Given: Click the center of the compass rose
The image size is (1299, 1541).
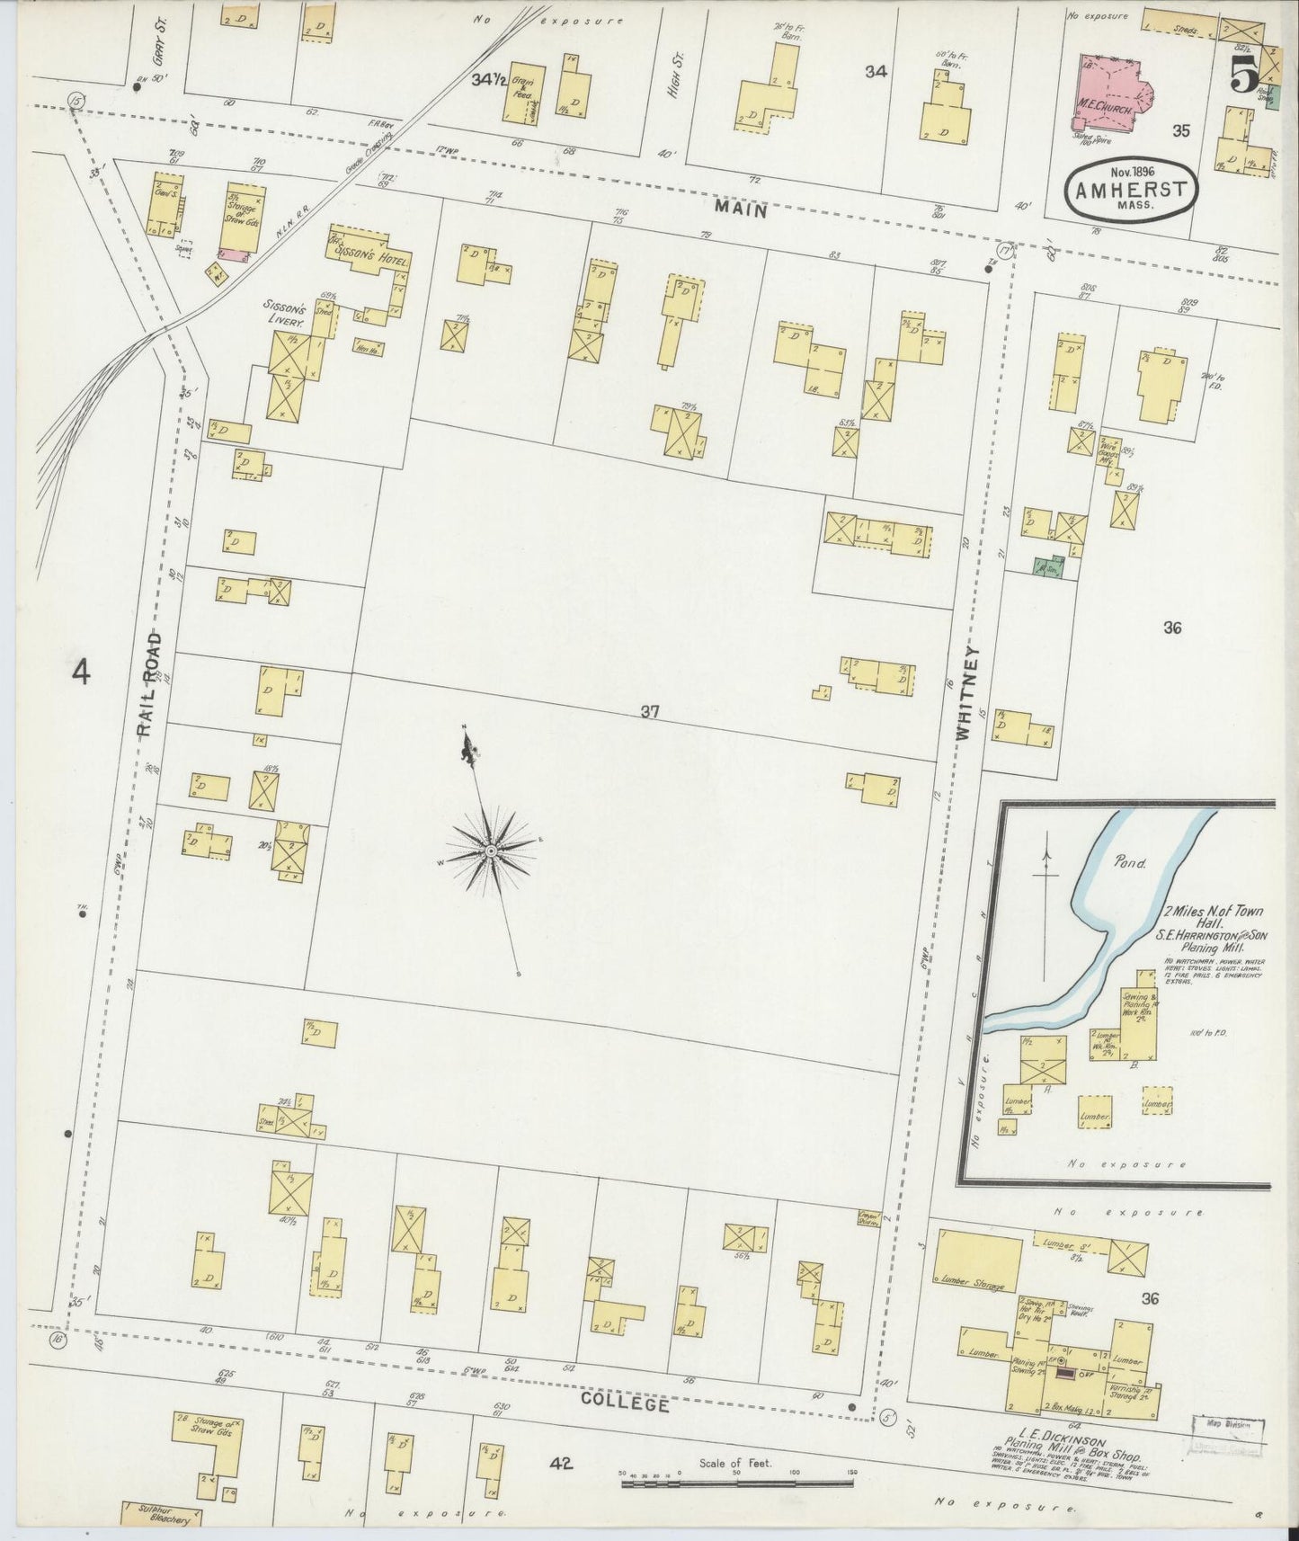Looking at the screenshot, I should (491, 850).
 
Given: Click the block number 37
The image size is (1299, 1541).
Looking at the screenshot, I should (651, 712).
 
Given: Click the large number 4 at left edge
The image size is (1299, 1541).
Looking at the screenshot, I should (81, 672).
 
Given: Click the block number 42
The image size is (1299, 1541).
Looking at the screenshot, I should (561, 1463).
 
